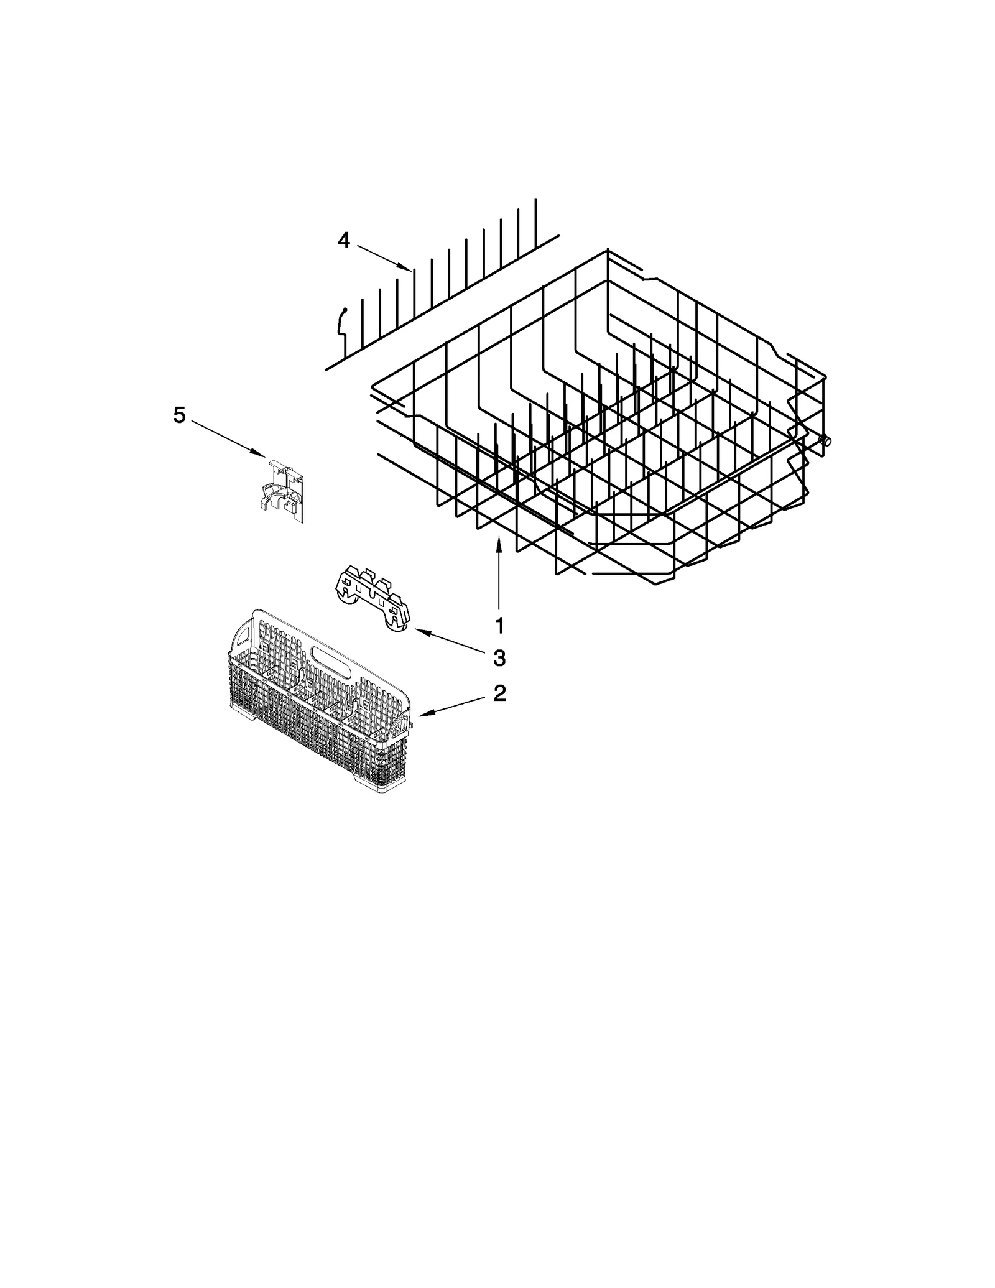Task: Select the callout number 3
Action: (x=499, y=657)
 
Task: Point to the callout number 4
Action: (x=344, y=240)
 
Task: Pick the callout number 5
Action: (x=179, y=415)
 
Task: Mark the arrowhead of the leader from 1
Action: (x=499, y=539)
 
